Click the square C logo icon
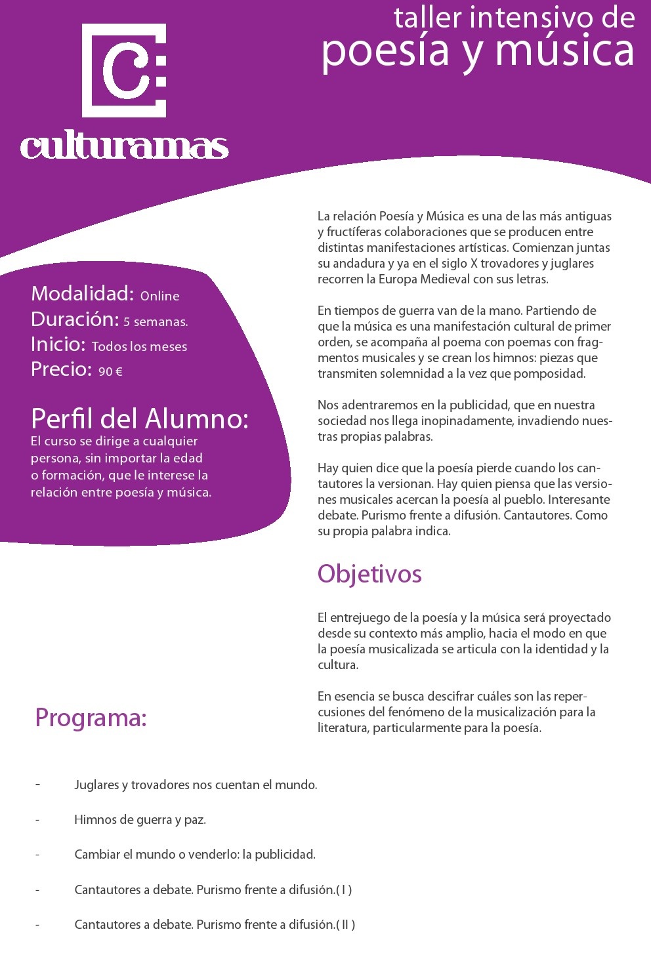click(x=124, y=70)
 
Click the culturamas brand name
click(x=124, y=146)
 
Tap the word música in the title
click(x=565, y=51)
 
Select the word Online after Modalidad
click(x=159, y=296)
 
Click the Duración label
click(x=75, y=319)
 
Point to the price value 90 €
click(x=110, y=371)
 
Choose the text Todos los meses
click(x=139, y=346)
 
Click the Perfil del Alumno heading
click(x=140, y=419)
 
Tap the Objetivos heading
click(x=369, y=574)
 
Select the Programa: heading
click(x=91, y=718)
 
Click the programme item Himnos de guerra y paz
click(x=140, y=819)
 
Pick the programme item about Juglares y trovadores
click(x=196, y=785)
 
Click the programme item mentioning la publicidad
click(x=195, y=854)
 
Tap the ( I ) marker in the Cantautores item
click(x=344, y=889)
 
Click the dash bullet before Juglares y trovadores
click(x=37, y=785)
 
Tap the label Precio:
click(x=61, y=369)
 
